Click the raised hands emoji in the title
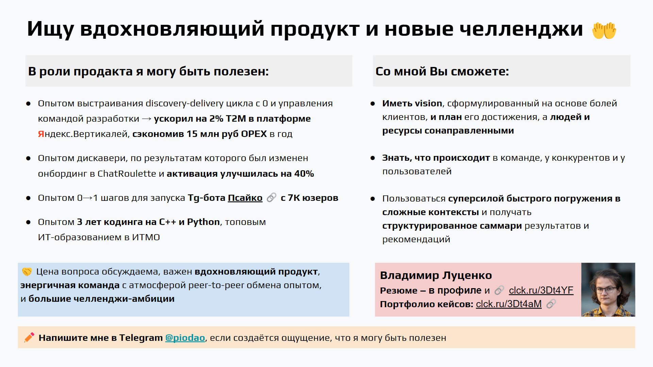604,30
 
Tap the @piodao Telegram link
185,338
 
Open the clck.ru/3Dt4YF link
541,290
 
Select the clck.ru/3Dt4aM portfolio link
509,304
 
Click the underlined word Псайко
245,198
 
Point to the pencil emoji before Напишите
29,337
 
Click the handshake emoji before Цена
27,272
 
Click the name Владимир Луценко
436,275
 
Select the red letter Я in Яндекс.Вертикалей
41,134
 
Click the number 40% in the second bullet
304,174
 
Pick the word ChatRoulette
127,174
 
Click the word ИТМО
146,237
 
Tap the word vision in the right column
429,103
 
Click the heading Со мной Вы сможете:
442,71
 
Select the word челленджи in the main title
521,29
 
